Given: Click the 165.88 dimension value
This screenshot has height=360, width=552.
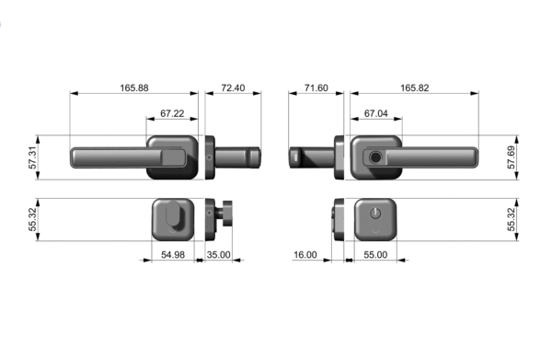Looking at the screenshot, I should tap(134, 87).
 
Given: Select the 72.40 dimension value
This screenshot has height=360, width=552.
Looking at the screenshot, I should tap(233, 87).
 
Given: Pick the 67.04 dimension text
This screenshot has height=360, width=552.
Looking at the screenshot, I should tap(374, 113).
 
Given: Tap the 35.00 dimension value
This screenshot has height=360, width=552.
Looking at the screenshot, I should tap(218, 254).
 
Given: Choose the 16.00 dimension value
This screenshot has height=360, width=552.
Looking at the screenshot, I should tap(306, 254).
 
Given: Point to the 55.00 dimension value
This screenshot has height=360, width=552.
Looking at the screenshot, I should tap(375, 254).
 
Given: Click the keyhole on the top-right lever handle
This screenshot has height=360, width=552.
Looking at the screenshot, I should tap(375, 157).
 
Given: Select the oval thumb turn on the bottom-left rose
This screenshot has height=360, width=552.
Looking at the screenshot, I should tap(175, 218).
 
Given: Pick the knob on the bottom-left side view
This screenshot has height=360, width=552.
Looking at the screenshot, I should tap(224, 219).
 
